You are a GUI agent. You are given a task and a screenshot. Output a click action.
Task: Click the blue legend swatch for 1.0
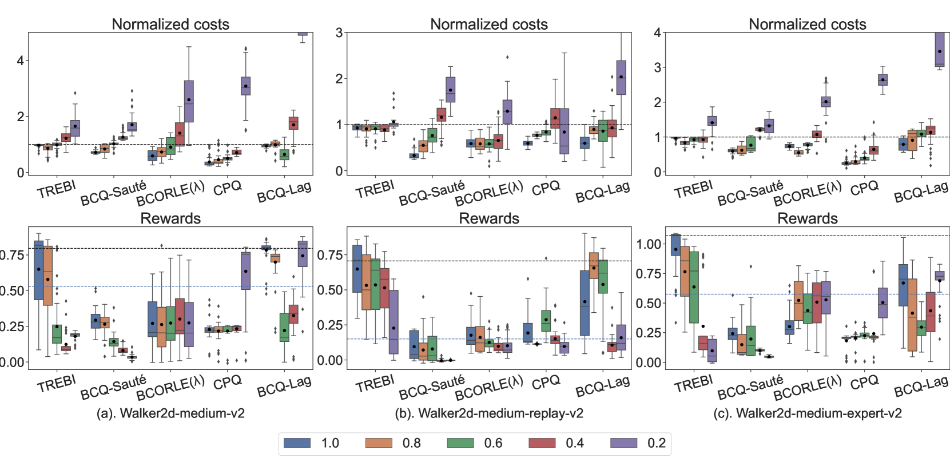pos(297,443)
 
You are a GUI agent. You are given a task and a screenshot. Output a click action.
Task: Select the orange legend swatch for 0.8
pos(379,443)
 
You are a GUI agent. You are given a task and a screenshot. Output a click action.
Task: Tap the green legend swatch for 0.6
pos(460,443)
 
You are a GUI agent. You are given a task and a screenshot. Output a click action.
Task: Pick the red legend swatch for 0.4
pos(542,443)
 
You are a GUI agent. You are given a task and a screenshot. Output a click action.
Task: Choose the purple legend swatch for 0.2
pos(623,443)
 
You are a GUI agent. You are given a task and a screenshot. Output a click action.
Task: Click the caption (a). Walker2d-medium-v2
pos(170,413)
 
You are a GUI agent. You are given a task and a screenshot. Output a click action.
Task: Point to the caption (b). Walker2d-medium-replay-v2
pos(489,413)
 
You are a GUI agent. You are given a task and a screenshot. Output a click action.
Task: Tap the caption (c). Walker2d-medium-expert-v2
pos(807,413)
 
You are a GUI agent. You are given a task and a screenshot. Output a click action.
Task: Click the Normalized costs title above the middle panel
pos(489,24)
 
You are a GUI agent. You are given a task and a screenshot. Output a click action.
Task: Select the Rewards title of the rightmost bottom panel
pos(807,218)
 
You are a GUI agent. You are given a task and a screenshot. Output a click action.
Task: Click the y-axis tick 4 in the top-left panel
pos(21,61)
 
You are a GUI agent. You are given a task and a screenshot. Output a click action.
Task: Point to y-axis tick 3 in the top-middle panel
pos(339,33)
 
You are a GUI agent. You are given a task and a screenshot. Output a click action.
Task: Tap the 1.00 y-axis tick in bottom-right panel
pos(649,244)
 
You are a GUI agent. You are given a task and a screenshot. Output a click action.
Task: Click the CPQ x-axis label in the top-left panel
pos(228,188)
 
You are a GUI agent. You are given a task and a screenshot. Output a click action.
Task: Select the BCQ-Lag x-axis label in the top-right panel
pos(921,191)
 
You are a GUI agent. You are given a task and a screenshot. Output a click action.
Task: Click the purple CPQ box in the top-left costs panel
pos(246,86)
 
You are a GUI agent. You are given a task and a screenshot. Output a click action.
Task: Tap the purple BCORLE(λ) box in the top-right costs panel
pos(826,102)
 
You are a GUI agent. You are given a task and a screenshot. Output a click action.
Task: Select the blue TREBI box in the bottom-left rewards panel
pos(39,270)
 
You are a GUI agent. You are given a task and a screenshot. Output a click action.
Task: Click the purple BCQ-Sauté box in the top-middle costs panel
pos(450,90)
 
